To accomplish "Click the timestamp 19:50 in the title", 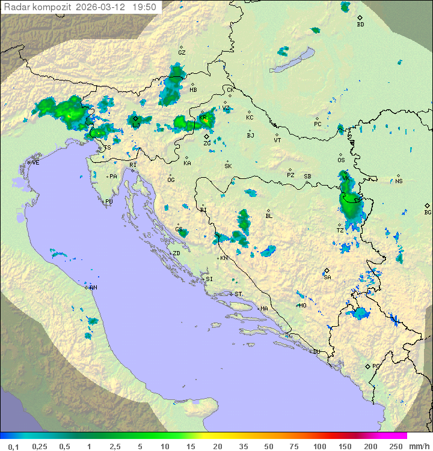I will pyautogui.click(x=144, y=7).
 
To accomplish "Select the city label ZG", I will pyautogui.click(x=207, y=144).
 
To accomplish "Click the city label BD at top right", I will pyautogui.click(x=360, y=25).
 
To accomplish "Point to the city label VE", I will pyautogui.click(x=35, y=163).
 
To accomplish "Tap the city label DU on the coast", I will pyautogui.click(x=316, y=352).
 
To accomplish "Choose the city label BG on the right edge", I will pyautogui.click(x=428, y=212).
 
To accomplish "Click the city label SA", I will pyautogui.click(x=327, y=277).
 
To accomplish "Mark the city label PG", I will pyautogui.click(x=376, y=366).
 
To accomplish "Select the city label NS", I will pyautogui.click(x=399, y=181).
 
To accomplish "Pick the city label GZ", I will pyautogui.click(x=182, y=52).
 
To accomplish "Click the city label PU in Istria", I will pyautogui.click(x=109, y=202).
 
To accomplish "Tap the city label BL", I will pyautogui.click(x=269, y=216).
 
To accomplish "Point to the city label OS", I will pyautogui.click(x=341, y=160).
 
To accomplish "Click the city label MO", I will pyautogui.click(x=302, y=305).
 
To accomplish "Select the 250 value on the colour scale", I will pyautogui.click(x=395, y=446).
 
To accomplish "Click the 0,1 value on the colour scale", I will pyautogui.click(x=13, y=446).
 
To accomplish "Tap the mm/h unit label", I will pyautogui.click(x=418, y=446).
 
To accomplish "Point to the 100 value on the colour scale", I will pyautogui.click(x=319, y=446).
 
